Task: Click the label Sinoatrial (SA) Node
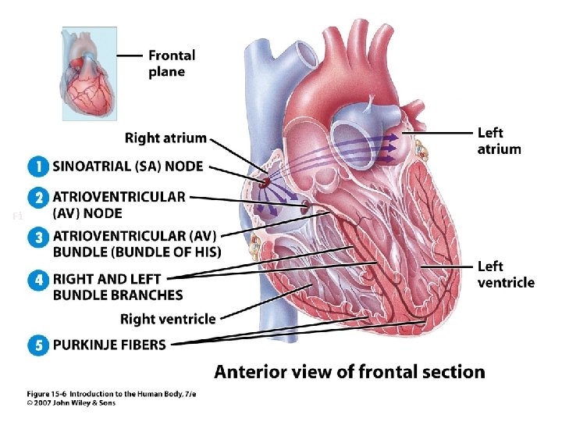[127, 166]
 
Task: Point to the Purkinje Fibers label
[109, 344]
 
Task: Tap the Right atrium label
[165, 138]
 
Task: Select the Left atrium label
[499, 141]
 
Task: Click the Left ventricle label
[506, 274]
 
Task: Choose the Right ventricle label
[168, 318]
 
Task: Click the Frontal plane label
[172, 63]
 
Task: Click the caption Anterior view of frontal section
[350, 372]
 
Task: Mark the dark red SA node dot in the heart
[265, 182]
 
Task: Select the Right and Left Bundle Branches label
[118, 287]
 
